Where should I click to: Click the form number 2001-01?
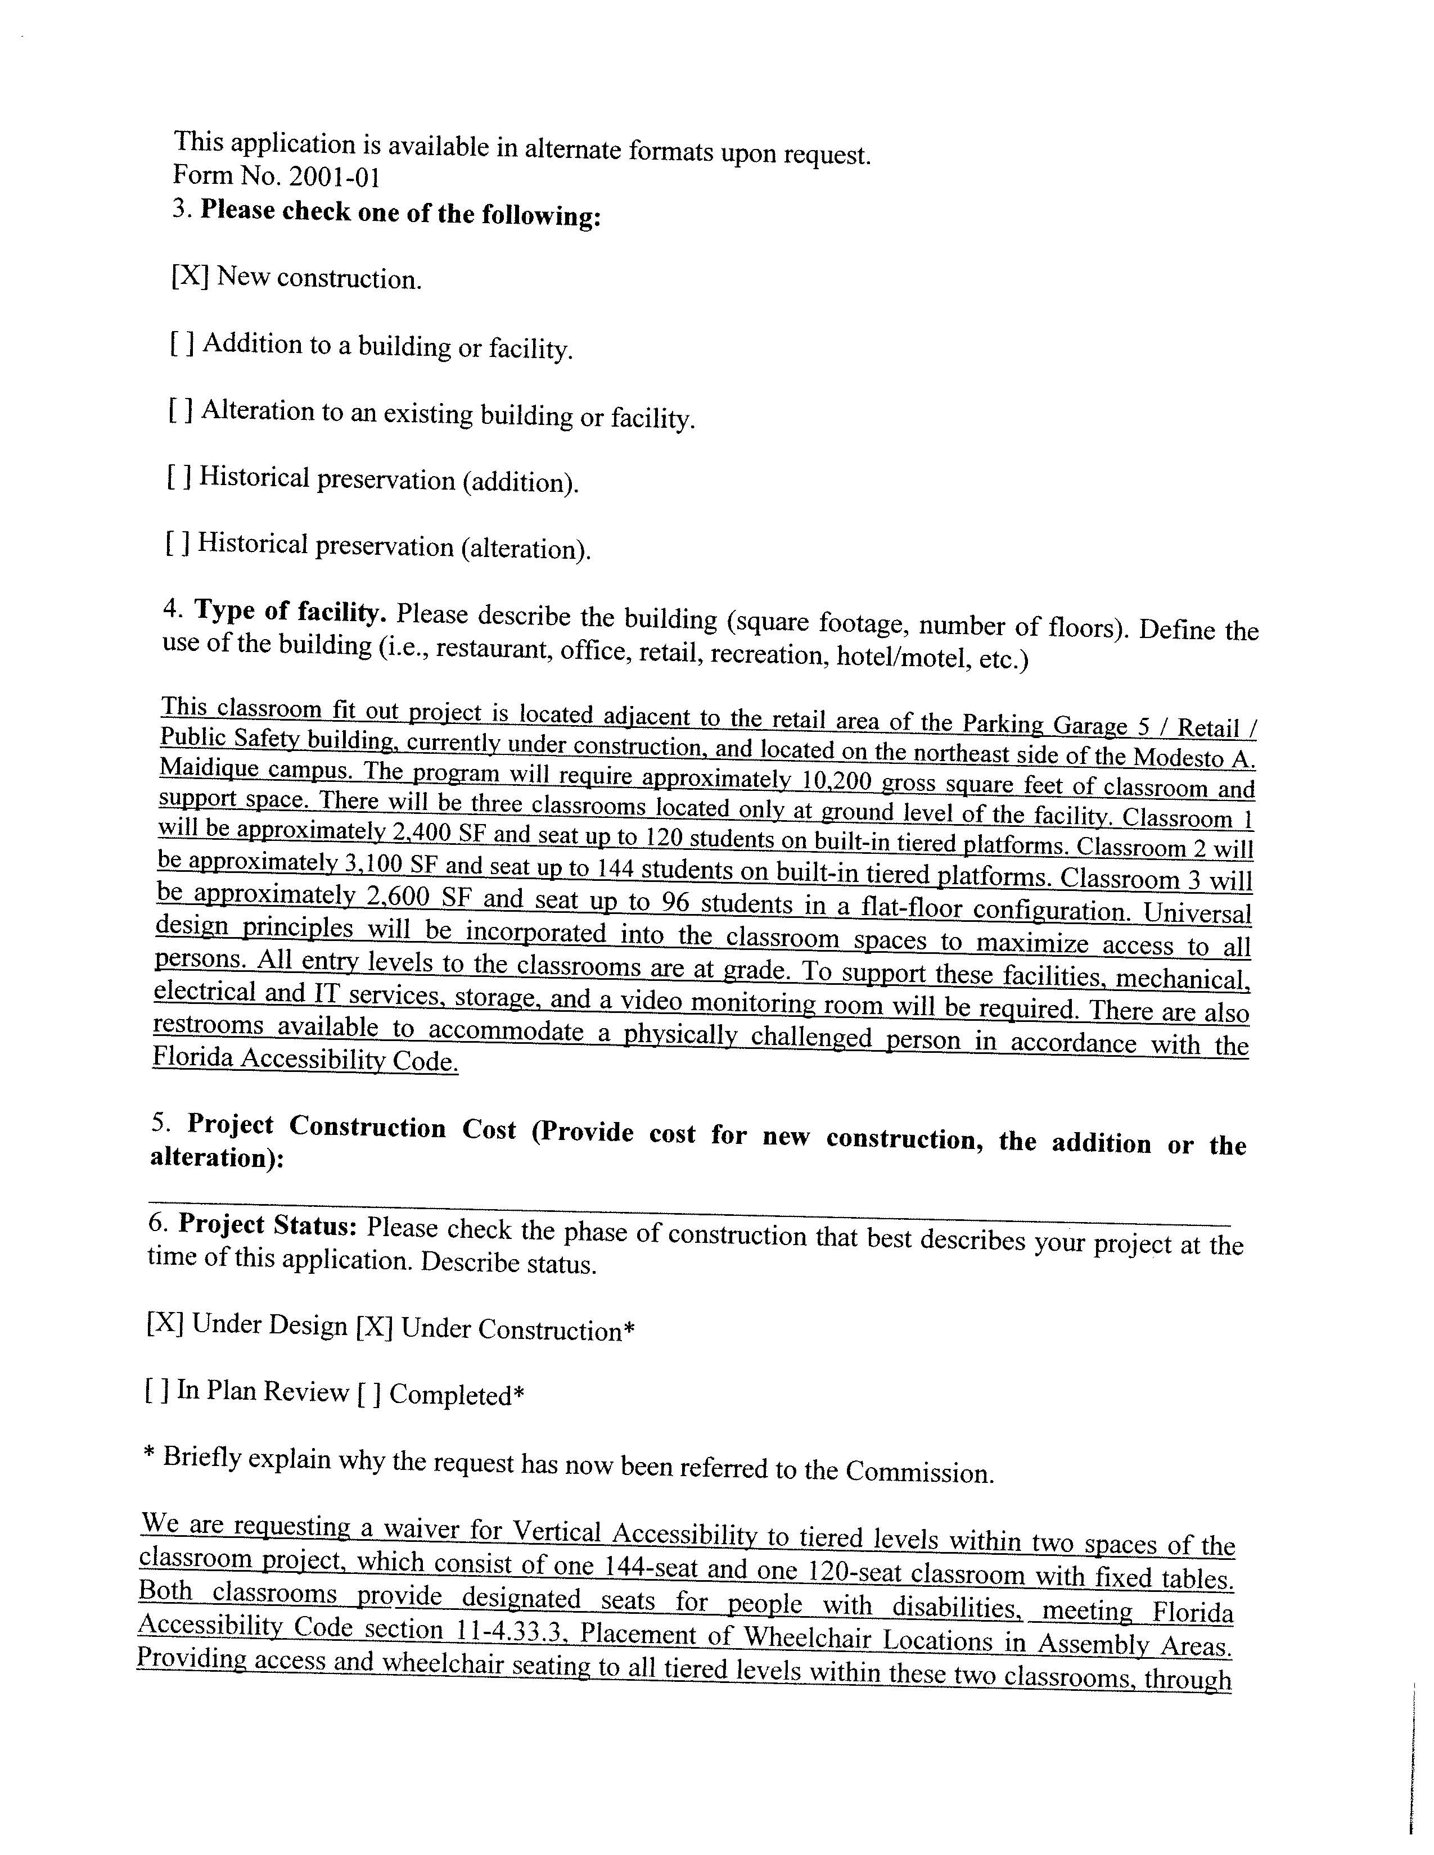point(334,178)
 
